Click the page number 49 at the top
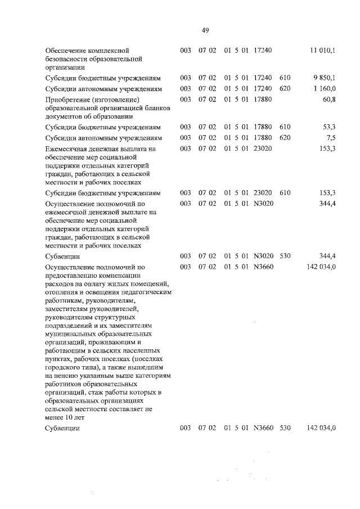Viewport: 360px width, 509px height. click(x=205, y=30)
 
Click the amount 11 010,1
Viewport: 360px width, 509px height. click(x=323, y=51)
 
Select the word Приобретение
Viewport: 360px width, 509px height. click(x=66, y=100)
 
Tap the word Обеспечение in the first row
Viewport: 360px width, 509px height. click(x=65, y=51)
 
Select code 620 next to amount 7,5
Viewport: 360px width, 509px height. click(x=285, y=138)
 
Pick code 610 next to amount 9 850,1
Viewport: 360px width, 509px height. click(x=285, y=78)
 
